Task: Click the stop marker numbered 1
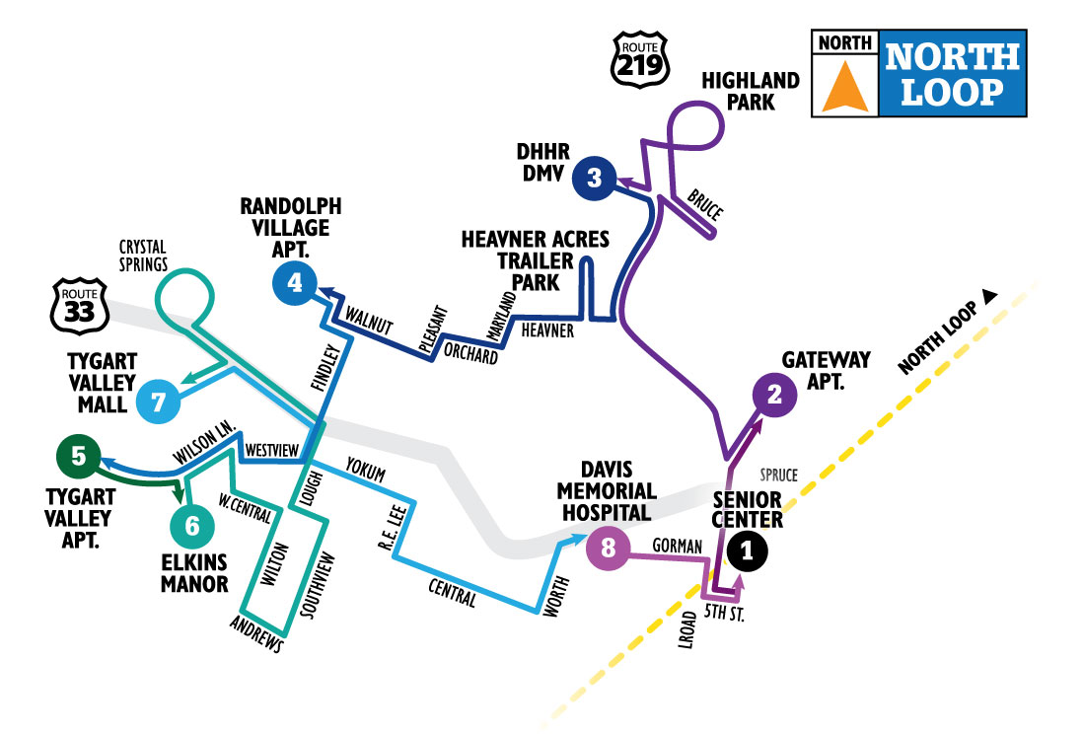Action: click(747, 552)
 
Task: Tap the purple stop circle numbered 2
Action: click(774, 395)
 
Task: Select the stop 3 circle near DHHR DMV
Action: click(594, 178)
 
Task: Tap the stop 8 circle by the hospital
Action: click(608, 550)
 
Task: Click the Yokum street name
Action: click(366, 467)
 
